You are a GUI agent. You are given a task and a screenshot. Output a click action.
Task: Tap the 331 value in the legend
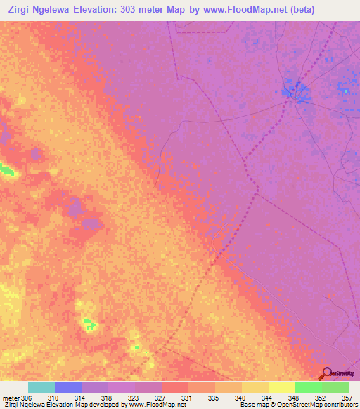(187, 398)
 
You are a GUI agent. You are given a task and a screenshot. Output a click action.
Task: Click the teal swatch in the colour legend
(41, 387)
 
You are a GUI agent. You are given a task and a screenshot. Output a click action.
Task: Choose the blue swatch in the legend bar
(67, 387)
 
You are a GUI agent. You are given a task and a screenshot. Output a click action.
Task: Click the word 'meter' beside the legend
(11, 398)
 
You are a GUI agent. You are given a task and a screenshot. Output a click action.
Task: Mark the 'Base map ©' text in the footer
(257, 405)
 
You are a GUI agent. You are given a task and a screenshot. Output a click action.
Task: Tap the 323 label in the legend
(134, 398)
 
